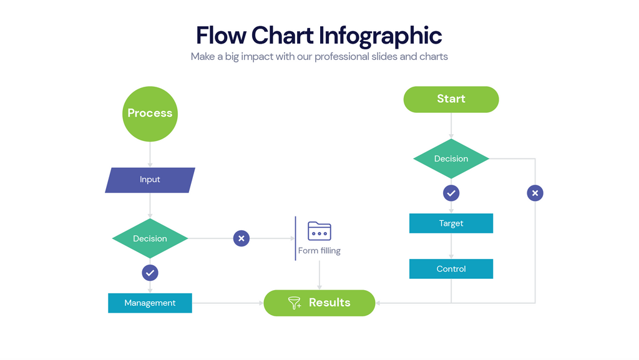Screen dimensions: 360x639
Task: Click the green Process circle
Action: tap(150, 114)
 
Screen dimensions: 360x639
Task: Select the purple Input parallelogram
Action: tap(150, 180)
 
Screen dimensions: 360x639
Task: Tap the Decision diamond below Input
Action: tap(150, 238)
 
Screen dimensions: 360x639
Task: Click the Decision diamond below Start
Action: tap(451, 158)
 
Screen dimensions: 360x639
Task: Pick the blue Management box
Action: tap(150, 303)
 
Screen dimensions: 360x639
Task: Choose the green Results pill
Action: tap(319, 303)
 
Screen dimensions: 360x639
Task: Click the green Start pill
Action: tap(451, 99)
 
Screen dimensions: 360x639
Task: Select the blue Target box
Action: tap(451, 223)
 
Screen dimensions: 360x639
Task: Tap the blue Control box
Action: tap(451, 269)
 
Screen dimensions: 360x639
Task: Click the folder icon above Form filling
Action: tap(319, 231)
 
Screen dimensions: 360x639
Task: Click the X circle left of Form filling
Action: tap(241, 238)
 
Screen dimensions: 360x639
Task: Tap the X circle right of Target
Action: tap(535, 193)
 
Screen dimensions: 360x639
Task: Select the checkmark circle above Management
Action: tap(150, 273)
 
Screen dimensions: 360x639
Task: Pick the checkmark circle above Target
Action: tap(451, 193)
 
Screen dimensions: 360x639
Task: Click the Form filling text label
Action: tap(319, 251)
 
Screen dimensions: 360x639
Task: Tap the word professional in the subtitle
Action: tap(343, 56)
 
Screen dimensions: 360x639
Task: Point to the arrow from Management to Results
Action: tap(228, 303)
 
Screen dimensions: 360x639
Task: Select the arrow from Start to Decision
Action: tap(451, 125)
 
